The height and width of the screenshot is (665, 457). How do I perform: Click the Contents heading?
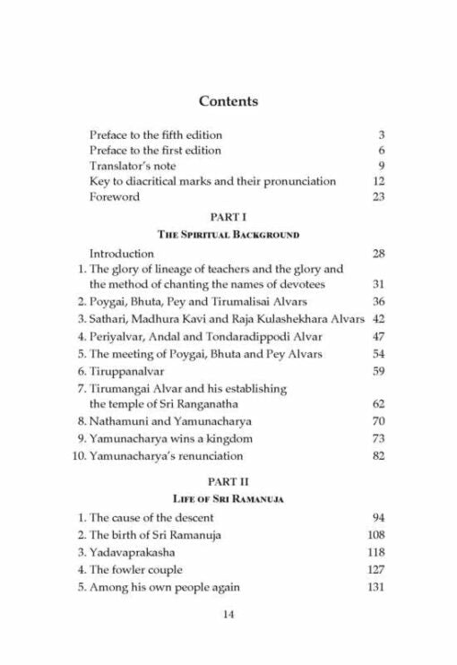228,101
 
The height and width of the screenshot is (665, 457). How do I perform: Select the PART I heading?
228,218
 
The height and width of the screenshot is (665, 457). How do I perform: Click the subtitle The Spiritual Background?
228,235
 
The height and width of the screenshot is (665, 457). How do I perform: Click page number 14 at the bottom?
228,614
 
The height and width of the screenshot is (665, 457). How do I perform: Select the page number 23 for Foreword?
378,197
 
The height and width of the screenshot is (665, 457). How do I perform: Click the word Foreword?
115,197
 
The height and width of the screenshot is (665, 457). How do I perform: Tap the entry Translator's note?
133,166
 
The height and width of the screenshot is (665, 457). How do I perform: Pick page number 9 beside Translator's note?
381,166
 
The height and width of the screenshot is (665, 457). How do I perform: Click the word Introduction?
122,254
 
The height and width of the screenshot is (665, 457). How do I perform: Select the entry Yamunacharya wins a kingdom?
169,439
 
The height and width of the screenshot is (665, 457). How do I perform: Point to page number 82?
378,456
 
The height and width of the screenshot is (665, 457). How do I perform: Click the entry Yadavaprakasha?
131,553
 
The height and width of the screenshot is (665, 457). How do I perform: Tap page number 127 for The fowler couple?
375,570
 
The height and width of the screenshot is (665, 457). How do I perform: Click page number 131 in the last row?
375,587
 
